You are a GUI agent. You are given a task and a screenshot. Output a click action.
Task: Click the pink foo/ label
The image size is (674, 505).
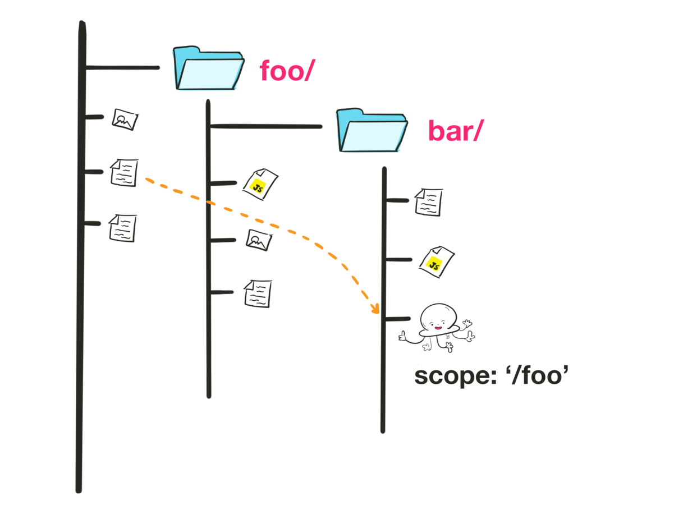(x=285, y=72)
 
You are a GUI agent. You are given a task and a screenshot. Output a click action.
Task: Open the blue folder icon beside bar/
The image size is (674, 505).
(x=372, y=131)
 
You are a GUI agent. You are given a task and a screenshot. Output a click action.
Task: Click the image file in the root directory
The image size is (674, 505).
(x=125, y=120)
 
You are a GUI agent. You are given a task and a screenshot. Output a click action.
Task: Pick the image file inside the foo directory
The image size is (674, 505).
(x=259, y=240)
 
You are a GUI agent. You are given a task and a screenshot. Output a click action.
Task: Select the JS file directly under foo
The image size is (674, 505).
(x=260, y=183)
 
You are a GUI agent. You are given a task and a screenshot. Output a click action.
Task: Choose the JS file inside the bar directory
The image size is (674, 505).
(x=436, y=261)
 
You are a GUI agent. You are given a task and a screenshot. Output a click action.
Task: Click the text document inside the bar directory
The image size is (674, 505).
(x=428, y=201)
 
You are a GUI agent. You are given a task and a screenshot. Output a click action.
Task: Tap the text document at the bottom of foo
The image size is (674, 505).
(x=258, y=293)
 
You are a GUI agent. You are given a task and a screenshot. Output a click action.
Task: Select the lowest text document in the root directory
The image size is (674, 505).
(x=122, y=228)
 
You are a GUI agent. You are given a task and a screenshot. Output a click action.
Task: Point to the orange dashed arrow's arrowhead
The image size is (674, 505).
(x=374, y=309)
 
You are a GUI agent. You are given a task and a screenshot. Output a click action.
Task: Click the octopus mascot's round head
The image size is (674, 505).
(x=437, y=316)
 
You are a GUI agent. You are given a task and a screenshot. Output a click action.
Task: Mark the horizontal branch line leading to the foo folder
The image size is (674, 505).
(x=122, y=68)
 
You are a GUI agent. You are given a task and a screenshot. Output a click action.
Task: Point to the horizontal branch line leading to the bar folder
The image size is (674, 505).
(x=266, y=126)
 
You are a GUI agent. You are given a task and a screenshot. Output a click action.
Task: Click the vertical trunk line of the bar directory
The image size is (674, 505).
(x=384, y=365)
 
